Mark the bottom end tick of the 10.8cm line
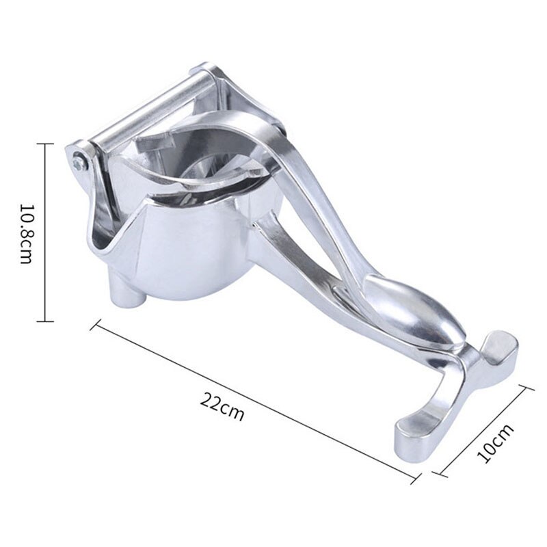tap(45, 321)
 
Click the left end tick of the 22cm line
tap(94, 323)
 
